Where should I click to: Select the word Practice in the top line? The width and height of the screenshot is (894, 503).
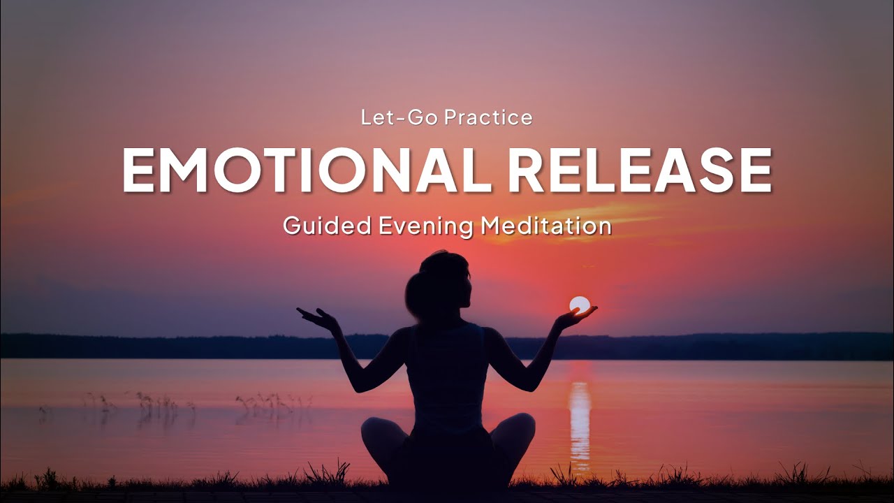[x=488, y=118]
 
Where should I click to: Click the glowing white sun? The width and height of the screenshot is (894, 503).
[x=579, y=305]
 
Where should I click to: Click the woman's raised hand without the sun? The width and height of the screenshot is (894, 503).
[x=316, y=319]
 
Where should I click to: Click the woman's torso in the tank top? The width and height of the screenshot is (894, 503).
[x=447, y=370]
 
